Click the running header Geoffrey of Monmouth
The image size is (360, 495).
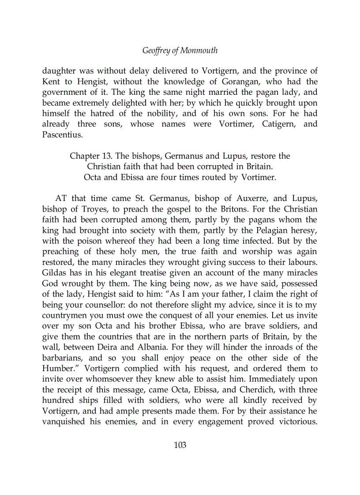tap(180, 51)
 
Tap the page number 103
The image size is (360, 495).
tap(180, 445)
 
